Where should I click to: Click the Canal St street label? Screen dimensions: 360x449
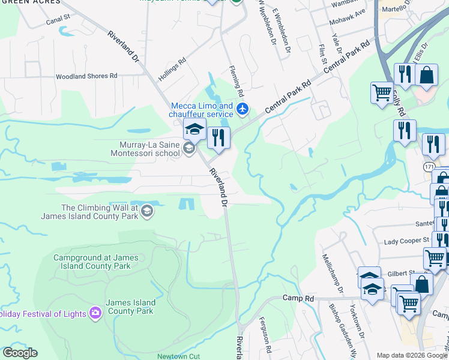[58, 21]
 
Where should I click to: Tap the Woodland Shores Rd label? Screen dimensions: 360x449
[86, 76]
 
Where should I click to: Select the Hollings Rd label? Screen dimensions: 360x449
[172, 70]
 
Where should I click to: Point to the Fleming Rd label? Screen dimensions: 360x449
[238, 82]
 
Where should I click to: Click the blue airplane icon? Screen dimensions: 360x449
[242, 109]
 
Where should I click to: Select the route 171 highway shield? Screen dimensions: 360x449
[429, 166]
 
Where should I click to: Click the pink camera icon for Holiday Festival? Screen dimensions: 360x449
[95, 313]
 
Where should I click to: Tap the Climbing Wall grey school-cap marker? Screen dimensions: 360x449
[148, 211]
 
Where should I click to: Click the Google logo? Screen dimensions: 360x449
[20, 353]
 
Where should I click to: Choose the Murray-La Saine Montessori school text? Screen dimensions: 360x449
[145, 148]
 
